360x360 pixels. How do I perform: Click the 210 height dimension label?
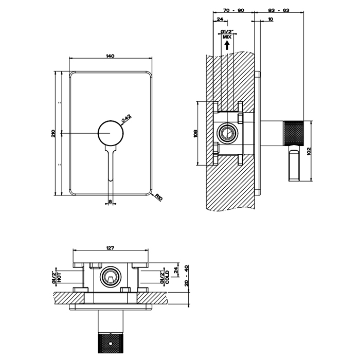[x=53, y=133]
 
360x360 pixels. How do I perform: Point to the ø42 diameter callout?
[x=127, y=119]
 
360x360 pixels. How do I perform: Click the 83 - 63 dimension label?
[x=280, y=9]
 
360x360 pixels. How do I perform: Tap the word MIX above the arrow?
[x=226, y=37]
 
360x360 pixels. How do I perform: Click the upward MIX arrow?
[x=226, y=45]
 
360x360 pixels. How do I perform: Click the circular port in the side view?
[x=226, y=133]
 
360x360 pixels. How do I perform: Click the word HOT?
[x=60, y=276]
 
